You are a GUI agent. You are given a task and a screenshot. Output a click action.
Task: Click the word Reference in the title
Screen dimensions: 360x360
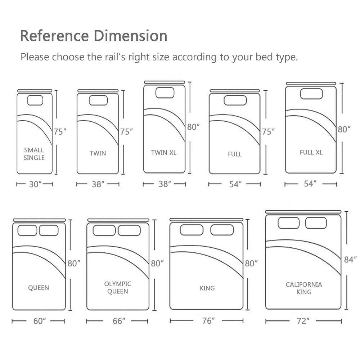pyautogui.click(x=54, y=36)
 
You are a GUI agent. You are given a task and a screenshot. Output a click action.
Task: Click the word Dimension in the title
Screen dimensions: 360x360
pyautogui.click(x=130, y=36)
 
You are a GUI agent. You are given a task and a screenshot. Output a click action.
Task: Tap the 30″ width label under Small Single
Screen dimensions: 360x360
pyautogui.click(x=35, y=184)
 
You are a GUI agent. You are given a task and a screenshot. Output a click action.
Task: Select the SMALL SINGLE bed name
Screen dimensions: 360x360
pyautogui.click(x=34, y=154)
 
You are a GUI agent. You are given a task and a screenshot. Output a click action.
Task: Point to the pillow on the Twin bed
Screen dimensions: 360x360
pyautogui.click(x=98, y=100)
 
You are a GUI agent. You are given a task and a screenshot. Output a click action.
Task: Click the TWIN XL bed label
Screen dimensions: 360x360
pyautogui.click(x=164, y=153)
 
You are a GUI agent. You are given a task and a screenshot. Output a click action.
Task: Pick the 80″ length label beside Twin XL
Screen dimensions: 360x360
pyautogui.click(x=193, y=127)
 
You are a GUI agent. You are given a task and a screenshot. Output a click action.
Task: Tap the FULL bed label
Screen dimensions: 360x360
pyautogui.click(x=235, y=154)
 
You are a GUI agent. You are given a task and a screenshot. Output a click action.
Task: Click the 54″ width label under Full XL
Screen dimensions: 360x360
pyautogui.click(x=310, y=184)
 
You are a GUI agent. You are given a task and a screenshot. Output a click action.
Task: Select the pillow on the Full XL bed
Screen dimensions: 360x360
pyautogui.click(x=311, y=94)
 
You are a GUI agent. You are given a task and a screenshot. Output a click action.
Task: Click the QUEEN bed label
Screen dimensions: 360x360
pyautogui.click(x=39, y=288)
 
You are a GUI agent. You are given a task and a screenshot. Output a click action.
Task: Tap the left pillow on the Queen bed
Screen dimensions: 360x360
pyautogui.click(x=27, y=230)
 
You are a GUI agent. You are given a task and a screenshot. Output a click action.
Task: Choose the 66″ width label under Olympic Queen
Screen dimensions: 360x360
pyautogui.click(x=119, y=321)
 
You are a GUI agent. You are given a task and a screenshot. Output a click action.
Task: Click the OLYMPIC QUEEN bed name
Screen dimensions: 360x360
pyautogui.click(x=118, y=287)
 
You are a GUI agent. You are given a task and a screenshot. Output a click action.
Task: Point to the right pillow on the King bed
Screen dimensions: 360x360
pyautogui.click(x=222, y=230)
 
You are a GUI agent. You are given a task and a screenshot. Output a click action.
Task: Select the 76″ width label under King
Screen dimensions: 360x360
pyautogui.click(x=208, y=321)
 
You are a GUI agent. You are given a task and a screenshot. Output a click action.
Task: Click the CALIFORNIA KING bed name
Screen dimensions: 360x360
pyautogui.click(x=304, y=288)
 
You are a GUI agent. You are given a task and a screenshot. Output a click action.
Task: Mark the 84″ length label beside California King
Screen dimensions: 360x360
pyautogui.click(x=350, y=260)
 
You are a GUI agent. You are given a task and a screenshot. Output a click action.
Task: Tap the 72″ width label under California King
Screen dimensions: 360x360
pyautogui.click(x=303, y=321)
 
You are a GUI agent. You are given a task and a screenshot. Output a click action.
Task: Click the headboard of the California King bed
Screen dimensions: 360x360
pyautogui.click(x=303, y=212)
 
